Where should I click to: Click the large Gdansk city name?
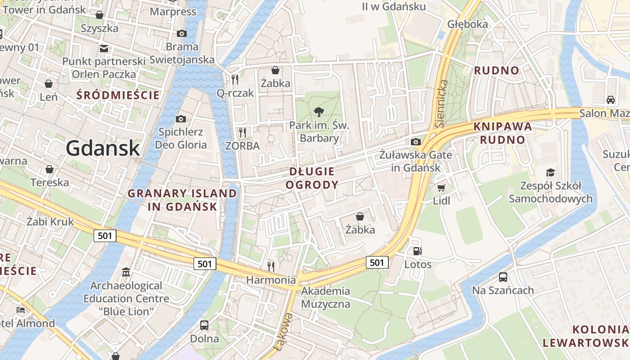pyautogui.click(x=103, y=148)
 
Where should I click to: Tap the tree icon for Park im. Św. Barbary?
pyautogui.click(x=319, y=112)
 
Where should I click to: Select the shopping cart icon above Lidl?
pyautogui.click(x=441, y=188)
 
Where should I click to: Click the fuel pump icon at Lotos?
pyautogui.click(x=417, y=251)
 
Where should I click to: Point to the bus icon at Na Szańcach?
pyautogui.click(x=503, y=277)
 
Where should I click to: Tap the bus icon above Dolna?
pyautogui.click(x=204, y=325)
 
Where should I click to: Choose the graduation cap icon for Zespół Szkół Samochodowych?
pyautogui.click(x=550, y=172)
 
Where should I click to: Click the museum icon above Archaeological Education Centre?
pyautogui.click(x=126, y=272)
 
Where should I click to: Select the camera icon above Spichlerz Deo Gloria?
pyautogui.click(x=181, y=119)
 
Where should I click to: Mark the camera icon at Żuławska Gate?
pyautogui.click(x=416, y=142)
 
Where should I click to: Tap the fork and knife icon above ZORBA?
pyautogui.click(x=243, y=132)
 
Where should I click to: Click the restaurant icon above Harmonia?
pyautogui.click(x=271, y=267)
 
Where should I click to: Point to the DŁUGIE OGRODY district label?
pyautogui.click(x=312, y=178)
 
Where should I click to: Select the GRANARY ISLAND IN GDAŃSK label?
pyautogui.click(x=182, y=200)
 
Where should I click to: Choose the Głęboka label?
pyautogui.click(x=468, y=24)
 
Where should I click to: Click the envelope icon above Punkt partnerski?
pyautogui.click(x=104, y=48)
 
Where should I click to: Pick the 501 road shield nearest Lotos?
pyautogui.click(x=377, y=262)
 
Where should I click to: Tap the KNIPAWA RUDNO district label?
pyautogui.click(x=502, y=133)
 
